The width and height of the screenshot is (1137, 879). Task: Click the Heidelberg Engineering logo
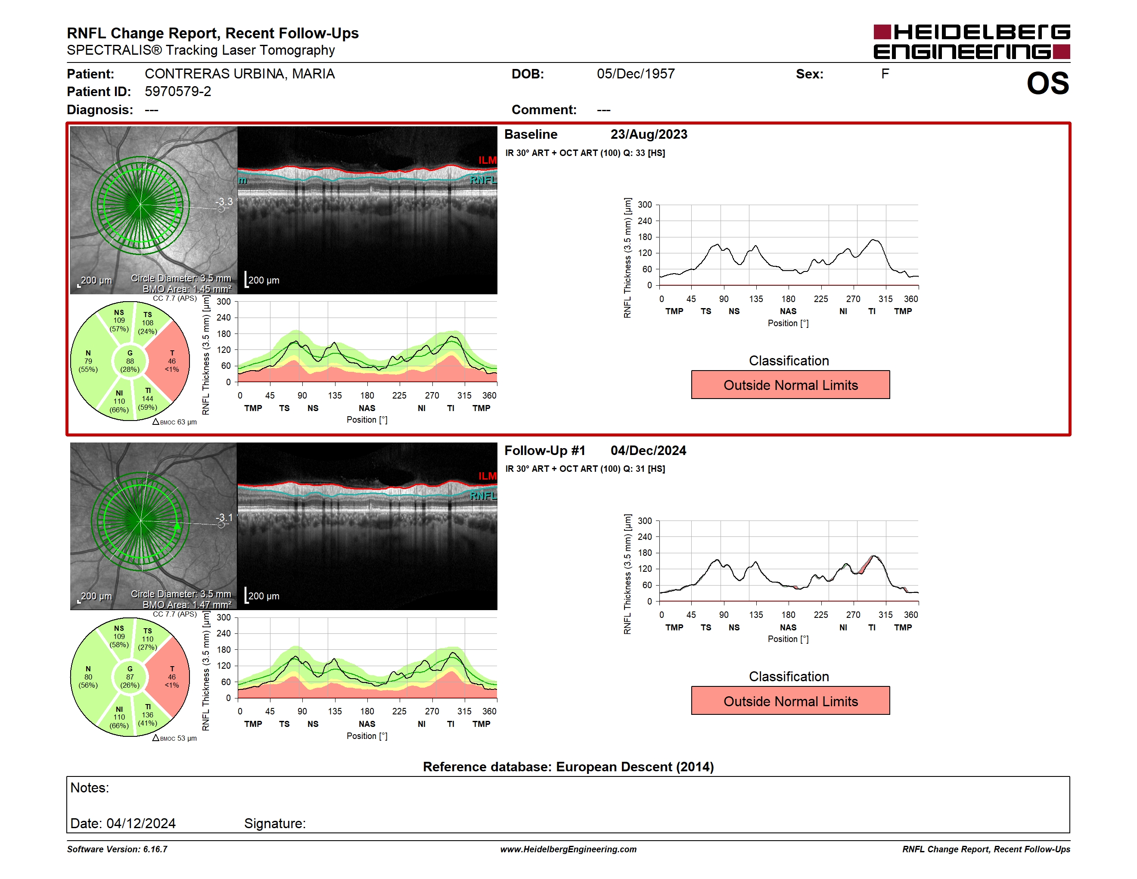[x=972, y=42]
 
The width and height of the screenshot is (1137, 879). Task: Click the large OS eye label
[x=1047, y=83]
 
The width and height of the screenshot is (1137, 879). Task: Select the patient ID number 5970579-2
[x=178, y=92]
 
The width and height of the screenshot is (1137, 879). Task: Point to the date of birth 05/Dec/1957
[x=636, y=74]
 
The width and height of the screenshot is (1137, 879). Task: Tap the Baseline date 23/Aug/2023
[x=649, y=134]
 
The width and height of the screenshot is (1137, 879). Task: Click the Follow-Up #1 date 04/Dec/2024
[x=648, y=450]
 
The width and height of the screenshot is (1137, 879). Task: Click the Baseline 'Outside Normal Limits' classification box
[x=790, y=385]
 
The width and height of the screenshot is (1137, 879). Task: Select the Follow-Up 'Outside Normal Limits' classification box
[x=790, y=701]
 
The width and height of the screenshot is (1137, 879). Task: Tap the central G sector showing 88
[x=130, y=361]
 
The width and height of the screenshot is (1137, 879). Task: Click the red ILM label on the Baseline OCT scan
[x=487, y=160]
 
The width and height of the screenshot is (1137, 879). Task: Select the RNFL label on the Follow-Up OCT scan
[x=483, y=496]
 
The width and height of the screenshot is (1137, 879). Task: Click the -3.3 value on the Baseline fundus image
[x=224, y=202]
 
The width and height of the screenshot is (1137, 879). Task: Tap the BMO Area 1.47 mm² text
[x=187, y=605]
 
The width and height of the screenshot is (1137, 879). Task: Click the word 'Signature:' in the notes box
[x=275, y=823]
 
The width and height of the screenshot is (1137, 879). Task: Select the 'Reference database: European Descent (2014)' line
[x=568, y=767]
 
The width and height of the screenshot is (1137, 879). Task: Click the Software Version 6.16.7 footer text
[x=117, y=849]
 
